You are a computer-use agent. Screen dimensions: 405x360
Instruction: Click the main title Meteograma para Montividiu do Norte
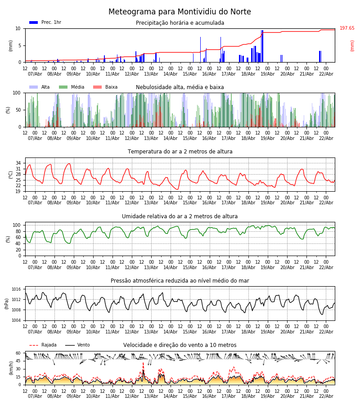point(180,12)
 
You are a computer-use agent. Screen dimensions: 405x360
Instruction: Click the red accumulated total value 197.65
point(347,28)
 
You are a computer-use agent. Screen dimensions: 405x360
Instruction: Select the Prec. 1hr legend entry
point(45,22)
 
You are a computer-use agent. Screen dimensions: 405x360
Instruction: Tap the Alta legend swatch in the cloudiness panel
point(34,87)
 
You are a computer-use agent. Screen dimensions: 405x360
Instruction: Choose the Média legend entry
point(72,87)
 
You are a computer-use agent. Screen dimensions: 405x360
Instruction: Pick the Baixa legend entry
point(105,87)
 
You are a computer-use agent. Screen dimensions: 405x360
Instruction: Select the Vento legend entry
point(77,345)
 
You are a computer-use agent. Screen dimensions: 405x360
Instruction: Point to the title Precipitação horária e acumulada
point(180,23)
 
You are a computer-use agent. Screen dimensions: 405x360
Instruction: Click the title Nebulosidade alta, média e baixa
point(180,87)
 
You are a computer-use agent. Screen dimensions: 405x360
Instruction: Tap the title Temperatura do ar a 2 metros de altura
point(180,152)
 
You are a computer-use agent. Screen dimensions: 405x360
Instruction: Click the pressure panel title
point(180,281)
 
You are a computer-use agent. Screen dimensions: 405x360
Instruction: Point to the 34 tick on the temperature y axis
point(18,163)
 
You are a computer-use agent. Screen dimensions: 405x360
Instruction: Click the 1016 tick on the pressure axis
point(16,289)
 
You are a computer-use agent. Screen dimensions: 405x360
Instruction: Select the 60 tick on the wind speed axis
point(18,353)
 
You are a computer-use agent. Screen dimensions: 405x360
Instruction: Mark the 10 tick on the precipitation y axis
point(18,28)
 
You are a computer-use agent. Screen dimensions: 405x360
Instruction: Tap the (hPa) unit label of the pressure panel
point(7,303)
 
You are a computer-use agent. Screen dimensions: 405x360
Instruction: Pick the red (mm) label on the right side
point(352,45)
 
